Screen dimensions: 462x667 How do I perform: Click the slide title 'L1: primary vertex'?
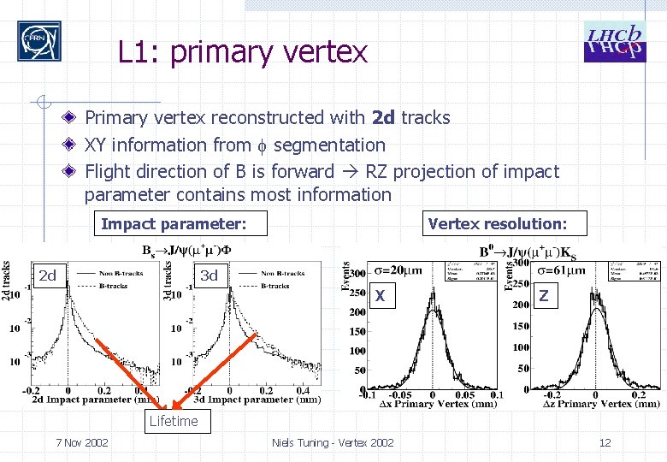point(243,53)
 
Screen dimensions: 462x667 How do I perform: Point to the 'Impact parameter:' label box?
point(174,224)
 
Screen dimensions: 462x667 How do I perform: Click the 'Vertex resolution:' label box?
point(497,223)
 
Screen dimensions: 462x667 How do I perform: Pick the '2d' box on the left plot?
point(48,275)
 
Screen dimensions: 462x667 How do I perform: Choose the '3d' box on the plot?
point(209,275)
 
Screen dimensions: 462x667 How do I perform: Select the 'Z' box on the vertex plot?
point(542,295)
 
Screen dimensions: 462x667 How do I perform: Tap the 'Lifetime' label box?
point(174,420)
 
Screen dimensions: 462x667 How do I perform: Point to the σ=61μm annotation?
point(558,270)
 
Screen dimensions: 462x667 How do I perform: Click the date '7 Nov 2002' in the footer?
point(81,442)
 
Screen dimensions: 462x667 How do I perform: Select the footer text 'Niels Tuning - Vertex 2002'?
point(333,442)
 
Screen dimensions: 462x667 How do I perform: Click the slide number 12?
point(605,442)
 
